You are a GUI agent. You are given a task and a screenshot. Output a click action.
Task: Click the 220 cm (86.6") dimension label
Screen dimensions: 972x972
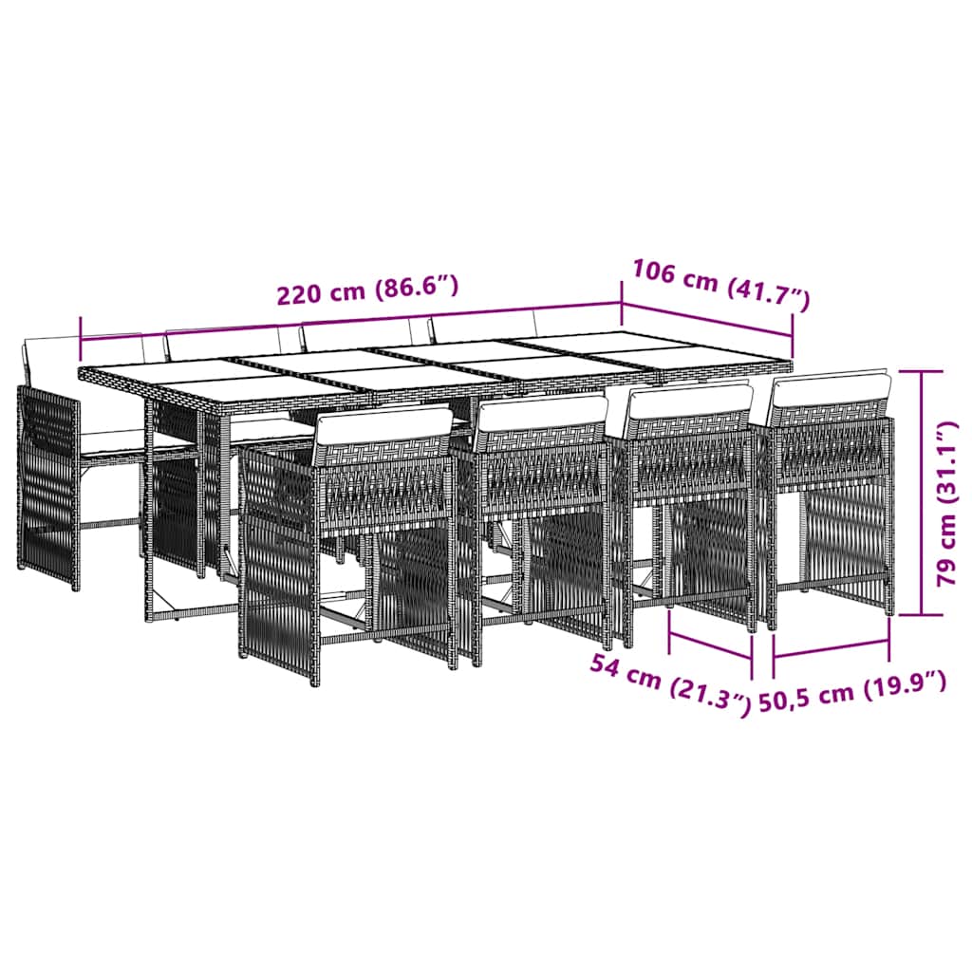tap(367, 290)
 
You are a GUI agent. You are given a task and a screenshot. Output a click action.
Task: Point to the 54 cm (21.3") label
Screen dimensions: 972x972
tap(669, 684)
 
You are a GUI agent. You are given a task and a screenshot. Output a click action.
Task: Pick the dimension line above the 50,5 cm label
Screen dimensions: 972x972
tap(832, 647)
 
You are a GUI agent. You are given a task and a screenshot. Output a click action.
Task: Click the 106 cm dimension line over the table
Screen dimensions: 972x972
tap(706, 319)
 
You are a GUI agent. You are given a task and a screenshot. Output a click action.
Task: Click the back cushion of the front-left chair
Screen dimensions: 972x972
tap(384, 428)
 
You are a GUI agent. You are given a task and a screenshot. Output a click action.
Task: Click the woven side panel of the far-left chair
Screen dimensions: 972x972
tap(48, 487)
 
